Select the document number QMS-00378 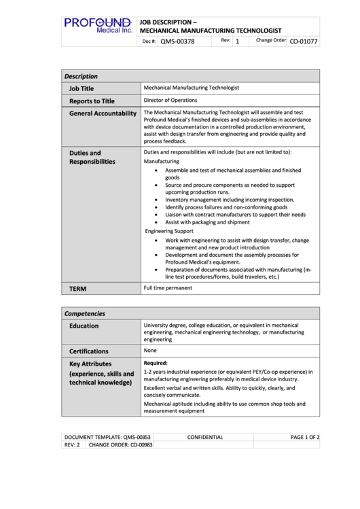tap(177, 41)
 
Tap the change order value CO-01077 tap(304, 41)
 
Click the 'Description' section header tap(81, 76)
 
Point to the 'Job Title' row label tap(82, 88)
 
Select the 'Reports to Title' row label tap(92, 101)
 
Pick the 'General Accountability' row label tap(103, 113)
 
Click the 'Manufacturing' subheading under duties tap(162, 162)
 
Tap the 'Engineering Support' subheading tap(169, 231)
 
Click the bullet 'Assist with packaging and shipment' tap(207, 222)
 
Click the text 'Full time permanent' tap(168, 288)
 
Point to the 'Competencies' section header tap(84, 313)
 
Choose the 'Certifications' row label tap(88, 351)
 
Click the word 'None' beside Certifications tap(150, 351)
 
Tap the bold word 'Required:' tap(156, 364)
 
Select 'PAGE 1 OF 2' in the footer tap(304, 437)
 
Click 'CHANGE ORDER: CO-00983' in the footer tap(120, 445)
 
